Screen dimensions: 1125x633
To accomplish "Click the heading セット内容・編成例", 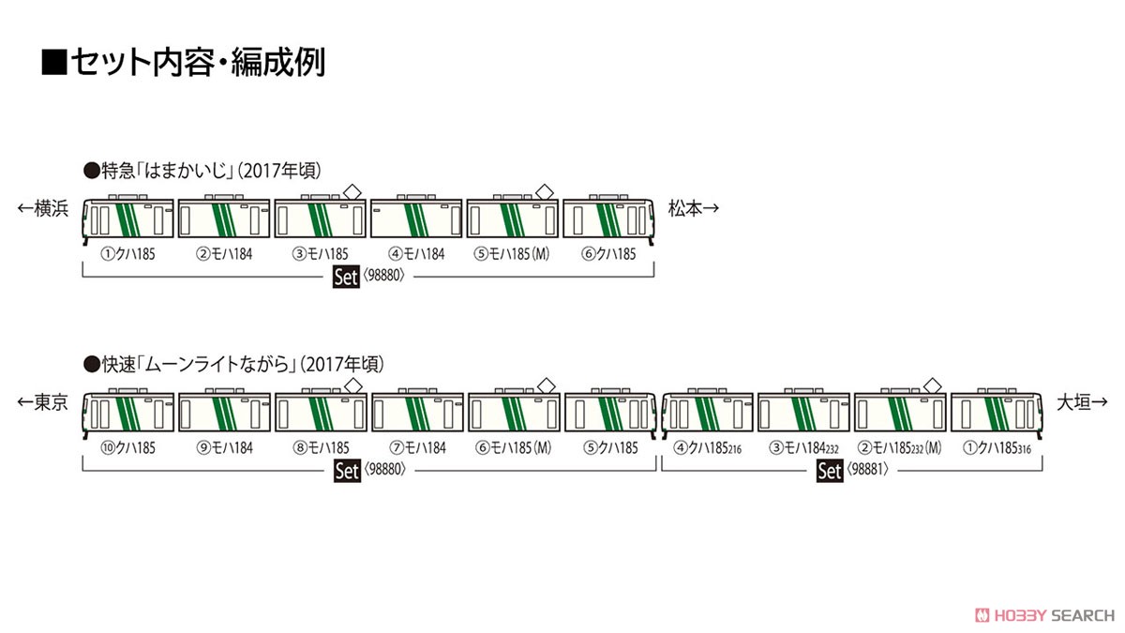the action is tap(184, 62).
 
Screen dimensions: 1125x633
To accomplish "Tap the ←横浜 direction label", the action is tap(43, 208).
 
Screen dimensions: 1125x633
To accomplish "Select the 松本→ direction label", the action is tap(694, 208).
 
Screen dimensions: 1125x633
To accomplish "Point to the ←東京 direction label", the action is tap(43, 402).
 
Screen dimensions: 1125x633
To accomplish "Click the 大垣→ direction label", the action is tap(1082, 402).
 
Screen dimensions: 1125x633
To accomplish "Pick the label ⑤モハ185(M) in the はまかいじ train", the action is tap(511, 254).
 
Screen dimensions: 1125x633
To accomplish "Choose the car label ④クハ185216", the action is tap(708, 447).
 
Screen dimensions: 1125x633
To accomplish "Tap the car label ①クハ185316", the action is tap(997, 447).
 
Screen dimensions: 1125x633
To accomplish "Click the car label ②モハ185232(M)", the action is tap(899, 447).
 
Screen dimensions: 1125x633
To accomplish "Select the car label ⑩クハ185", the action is tap(128, 447).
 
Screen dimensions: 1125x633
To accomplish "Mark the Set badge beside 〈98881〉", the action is tap(829, 471).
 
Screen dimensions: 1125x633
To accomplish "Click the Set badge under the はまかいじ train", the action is tap(346, 277).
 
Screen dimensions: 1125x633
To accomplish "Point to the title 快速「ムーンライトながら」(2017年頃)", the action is tap(234, 364).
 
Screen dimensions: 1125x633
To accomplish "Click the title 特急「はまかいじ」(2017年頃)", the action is tap(202, 171).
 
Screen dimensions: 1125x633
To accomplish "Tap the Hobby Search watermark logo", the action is tap(1044, 615).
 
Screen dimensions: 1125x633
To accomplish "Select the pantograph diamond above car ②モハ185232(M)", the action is tap(933, 385).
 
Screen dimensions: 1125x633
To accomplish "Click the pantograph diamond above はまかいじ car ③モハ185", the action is tap(352, 191).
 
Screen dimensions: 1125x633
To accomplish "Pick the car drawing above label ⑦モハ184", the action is tap(417, 410).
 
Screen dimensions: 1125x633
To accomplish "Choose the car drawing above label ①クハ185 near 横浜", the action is tap(128, 217).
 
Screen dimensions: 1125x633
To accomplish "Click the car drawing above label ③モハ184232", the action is tap(803, 410).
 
